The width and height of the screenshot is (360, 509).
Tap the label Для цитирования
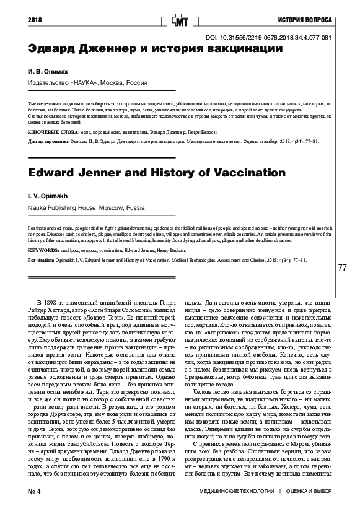coord(48,142)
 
